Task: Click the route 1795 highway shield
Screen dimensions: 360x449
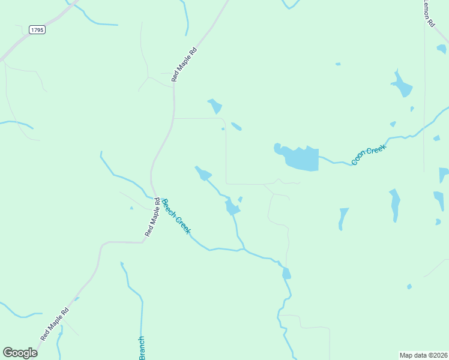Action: tap(37, 29)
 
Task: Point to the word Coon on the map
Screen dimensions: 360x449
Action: tap(357, 159)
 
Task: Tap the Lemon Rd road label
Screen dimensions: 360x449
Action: tap(429, 13)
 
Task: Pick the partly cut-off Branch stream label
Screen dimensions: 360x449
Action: tap(142, 348)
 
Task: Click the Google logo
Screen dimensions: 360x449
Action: tap(20, 353)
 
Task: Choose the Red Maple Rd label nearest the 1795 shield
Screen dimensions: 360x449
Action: tap(184, 65)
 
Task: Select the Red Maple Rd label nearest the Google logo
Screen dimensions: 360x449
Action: tap(55, 325)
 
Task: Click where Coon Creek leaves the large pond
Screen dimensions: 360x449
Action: tap(319, 157)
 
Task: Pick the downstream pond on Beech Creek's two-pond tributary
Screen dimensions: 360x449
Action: tap(232, 208)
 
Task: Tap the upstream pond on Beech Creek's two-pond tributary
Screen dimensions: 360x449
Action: tap(203, 173)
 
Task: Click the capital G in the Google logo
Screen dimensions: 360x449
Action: tap(8, 353)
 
